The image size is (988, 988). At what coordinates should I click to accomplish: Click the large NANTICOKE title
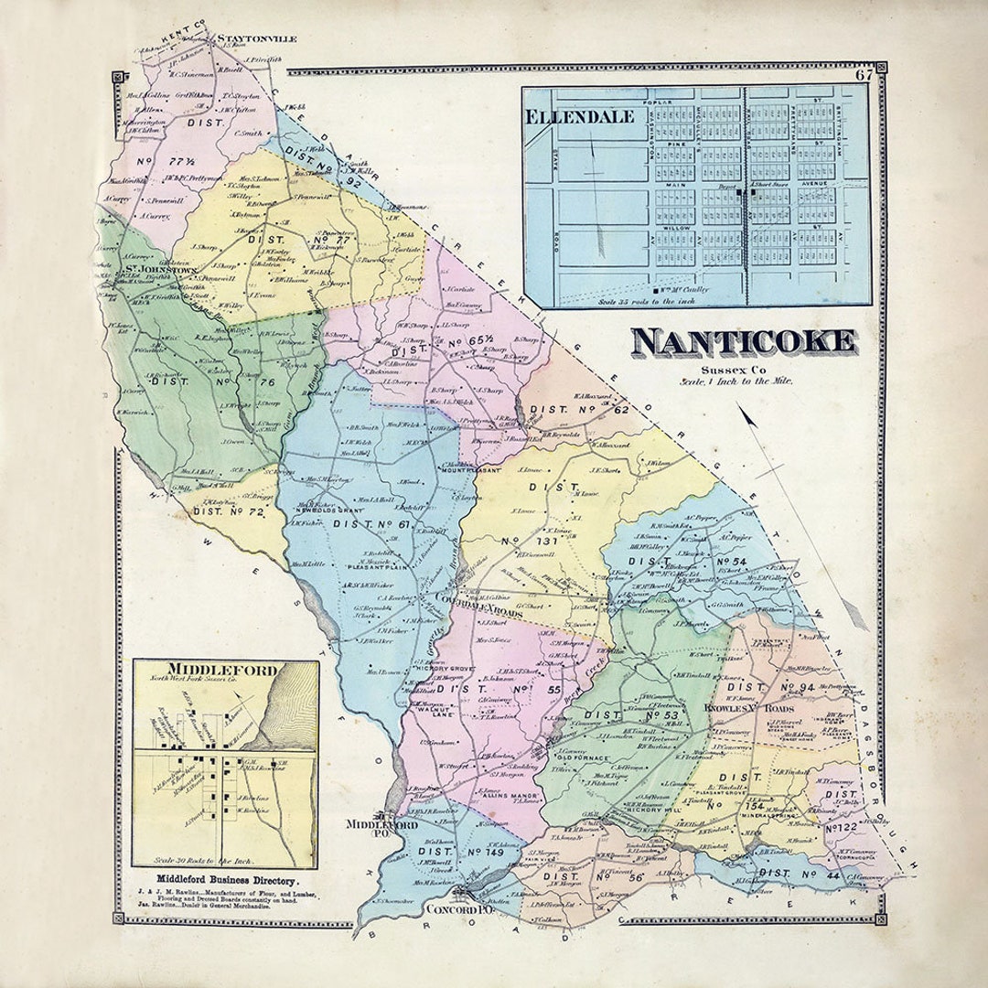(x=744, y=341)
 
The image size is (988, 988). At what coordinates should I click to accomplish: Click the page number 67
(x=864, y=76)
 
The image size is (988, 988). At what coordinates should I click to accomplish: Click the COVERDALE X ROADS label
(x=482, y=614)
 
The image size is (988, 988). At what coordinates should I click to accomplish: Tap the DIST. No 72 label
(x=228, y=513)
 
